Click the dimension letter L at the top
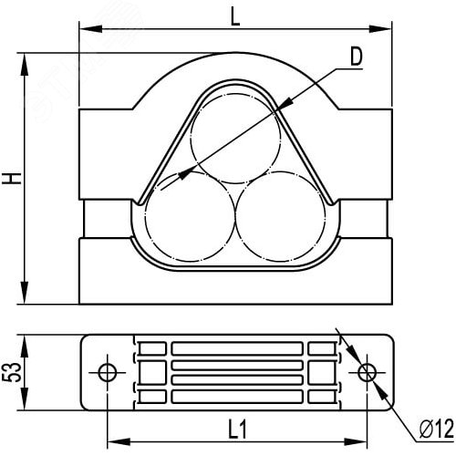pyautogui.click(x=235, y=16)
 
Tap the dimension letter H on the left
pyautogui.click(x=12, y=178)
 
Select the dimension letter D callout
pyautogui.click(x=357, y=57)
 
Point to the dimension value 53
pyautogui.click(x=12, y=372)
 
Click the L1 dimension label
pyautogui.click(x=237, y=430)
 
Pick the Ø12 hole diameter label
pyautogui.click(x=437, y=429)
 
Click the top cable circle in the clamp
pyautogui.click(x=235, y=139)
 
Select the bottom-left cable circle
pyautogui.click(x=191, y=216)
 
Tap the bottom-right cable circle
pyautogui.click(x=281, y=216)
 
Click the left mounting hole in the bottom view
pyautogui.click(x=108, y=372)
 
